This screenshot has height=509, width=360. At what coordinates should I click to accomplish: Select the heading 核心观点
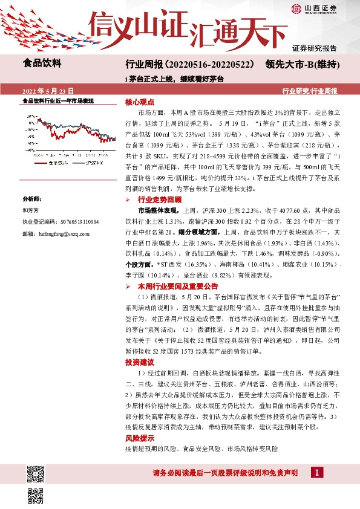tap(141, 103)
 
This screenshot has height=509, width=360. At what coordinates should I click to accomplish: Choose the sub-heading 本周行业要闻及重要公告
tap(177, 286)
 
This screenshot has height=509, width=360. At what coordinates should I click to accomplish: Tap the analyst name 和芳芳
tap(30, 210)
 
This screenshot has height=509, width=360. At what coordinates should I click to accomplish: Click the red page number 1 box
tap(316, 472)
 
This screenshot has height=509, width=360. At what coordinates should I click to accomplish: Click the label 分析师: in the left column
tap(30, 199)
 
